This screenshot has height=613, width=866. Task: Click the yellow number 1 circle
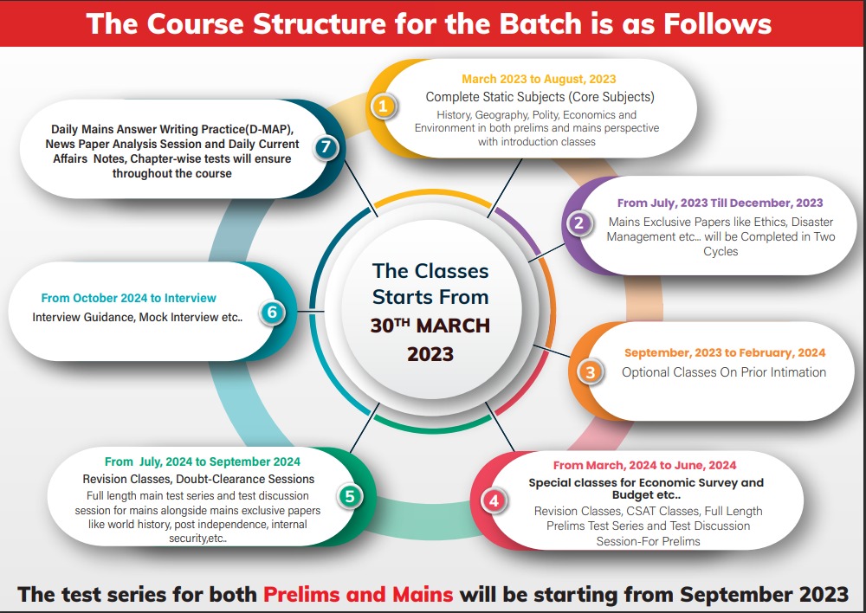(x=384, y=106)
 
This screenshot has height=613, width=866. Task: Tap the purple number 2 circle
(x=578, y=223)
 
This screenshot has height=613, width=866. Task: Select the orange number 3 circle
(x=591, y=372)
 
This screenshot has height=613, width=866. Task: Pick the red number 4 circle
(x=494, y=501)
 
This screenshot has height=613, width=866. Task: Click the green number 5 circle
(x=350, y=496)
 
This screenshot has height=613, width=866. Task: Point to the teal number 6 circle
(x=272, y=312)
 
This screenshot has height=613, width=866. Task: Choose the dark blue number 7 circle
(x=326, y=147)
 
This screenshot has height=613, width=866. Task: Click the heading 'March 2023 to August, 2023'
(x=539, y=80)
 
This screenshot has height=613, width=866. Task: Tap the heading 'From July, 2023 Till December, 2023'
(x=721, y=203)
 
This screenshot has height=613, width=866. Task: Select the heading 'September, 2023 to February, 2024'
(x=725, y=353)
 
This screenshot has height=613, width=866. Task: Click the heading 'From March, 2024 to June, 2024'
(x=644, y=466)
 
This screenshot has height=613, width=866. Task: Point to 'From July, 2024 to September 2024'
(x=203, y=461)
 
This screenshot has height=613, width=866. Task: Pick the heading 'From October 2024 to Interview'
(x=129, y=298)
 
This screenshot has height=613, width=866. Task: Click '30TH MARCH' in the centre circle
(x=430, y=326)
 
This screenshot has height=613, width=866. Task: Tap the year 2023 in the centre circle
(x=430, y=354)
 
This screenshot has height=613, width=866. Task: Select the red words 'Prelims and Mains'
(x=358, y=595)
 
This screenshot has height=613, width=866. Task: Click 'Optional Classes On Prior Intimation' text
(x=724, y=373)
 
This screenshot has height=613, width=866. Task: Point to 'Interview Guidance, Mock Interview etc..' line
(x=138, y=318)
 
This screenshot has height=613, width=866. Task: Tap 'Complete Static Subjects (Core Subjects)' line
(x=540, y=97)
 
